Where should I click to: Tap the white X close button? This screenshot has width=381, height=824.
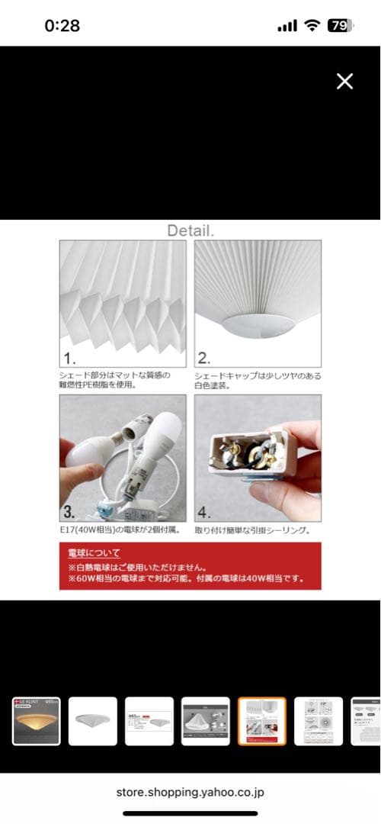344,82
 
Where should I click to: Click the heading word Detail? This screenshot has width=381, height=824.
190,230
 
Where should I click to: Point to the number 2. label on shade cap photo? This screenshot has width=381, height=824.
203,358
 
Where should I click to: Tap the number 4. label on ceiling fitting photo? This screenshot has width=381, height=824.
204,512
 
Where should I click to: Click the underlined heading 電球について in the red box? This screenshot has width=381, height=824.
94,553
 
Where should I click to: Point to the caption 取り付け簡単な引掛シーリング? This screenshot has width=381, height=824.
253,529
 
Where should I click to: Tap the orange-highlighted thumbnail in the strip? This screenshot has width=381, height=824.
261,721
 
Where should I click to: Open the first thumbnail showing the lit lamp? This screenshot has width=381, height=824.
36,721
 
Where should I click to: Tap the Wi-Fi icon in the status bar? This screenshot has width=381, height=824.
311,25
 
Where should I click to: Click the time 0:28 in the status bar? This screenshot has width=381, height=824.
62,25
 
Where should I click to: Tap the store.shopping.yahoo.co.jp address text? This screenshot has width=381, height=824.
190,793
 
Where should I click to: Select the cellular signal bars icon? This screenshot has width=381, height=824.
287,26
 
